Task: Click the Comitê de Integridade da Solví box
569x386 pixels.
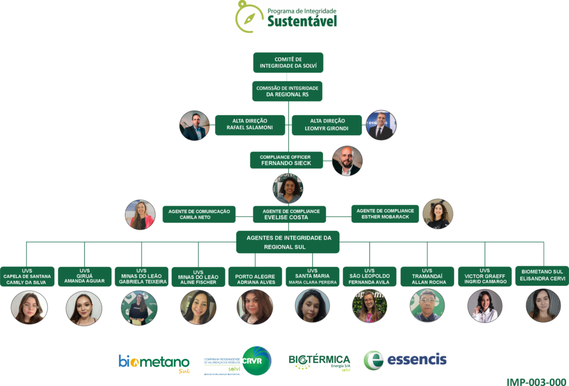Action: coord(288,62)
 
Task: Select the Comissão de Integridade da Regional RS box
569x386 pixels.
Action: coord(287,91)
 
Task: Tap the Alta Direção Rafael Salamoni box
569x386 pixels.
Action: coord(249,125)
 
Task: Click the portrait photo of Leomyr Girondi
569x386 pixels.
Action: coord(381,125)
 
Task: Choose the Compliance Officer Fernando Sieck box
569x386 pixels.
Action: coord(286,160)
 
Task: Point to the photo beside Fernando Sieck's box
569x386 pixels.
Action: coord(347,161)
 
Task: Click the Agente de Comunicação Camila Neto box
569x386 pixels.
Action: coord(199,214)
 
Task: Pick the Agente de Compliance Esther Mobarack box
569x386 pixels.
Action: coord(385,214)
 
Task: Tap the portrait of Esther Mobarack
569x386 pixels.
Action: coord(438,214)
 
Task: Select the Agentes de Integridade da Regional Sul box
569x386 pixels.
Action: coord(288,242)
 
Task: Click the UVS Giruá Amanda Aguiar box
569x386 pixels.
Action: coord(84,276)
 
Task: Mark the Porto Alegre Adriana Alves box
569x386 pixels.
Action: coord(255,276)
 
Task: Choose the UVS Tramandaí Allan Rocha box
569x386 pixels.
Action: coord(427,276)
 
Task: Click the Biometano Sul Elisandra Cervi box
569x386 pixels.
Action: coord(542,275)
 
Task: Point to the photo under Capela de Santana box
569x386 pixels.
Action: coord(29,308)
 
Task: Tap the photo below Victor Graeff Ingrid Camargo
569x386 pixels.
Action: coord(485,306)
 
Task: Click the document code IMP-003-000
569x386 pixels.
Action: coord(536,382)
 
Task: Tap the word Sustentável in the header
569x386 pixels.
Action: coord(302,21)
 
